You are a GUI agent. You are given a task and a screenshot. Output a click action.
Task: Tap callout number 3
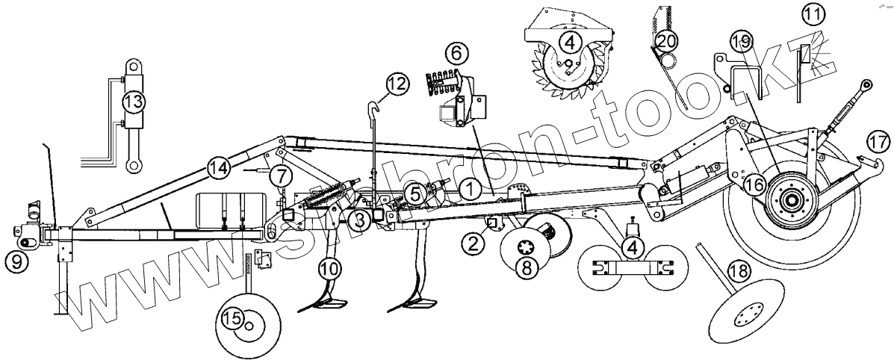click(359, 220)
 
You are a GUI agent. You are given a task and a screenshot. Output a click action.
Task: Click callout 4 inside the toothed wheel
click(569, 41)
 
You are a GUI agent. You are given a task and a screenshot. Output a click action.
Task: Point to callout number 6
click(457, 53)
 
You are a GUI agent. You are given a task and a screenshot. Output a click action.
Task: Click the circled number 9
click(17, 259)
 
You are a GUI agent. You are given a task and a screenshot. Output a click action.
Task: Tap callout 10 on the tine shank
click(329, 265)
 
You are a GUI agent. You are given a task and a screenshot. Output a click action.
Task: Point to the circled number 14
click(220, 170)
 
